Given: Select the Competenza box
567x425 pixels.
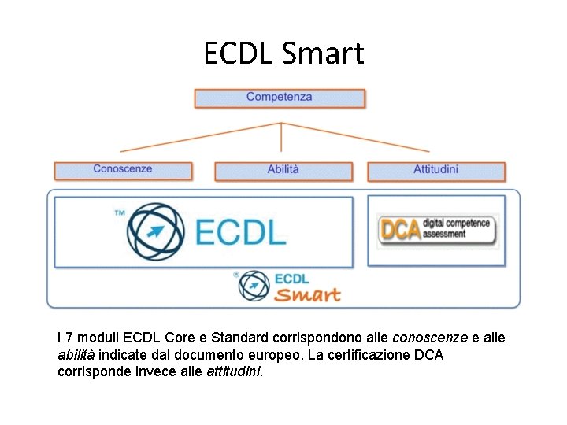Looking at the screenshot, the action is point(280,98).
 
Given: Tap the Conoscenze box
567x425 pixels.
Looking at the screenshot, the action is point(123,169).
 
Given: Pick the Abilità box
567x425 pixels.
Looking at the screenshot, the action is point(283,169).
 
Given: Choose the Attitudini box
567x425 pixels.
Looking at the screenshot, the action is point(435,169).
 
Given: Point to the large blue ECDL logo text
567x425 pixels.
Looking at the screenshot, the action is point(240,232).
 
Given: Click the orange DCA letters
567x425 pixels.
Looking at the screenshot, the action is point(399,229).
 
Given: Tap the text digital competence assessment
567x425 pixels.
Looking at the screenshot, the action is point(456,228).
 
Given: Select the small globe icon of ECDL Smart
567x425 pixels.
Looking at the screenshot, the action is point(254,285).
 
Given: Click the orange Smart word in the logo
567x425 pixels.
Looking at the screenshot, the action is point(307,295).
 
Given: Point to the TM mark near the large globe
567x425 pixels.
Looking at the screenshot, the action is point(120,213).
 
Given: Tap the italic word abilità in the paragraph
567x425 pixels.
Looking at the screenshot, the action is point(76,355).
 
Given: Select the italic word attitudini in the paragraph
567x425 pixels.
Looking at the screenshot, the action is point(234,371).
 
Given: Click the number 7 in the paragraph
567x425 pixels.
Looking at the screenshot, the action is point(70,338).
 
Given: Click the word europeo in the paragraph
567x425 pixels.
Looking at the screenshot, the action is point(279,355).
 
